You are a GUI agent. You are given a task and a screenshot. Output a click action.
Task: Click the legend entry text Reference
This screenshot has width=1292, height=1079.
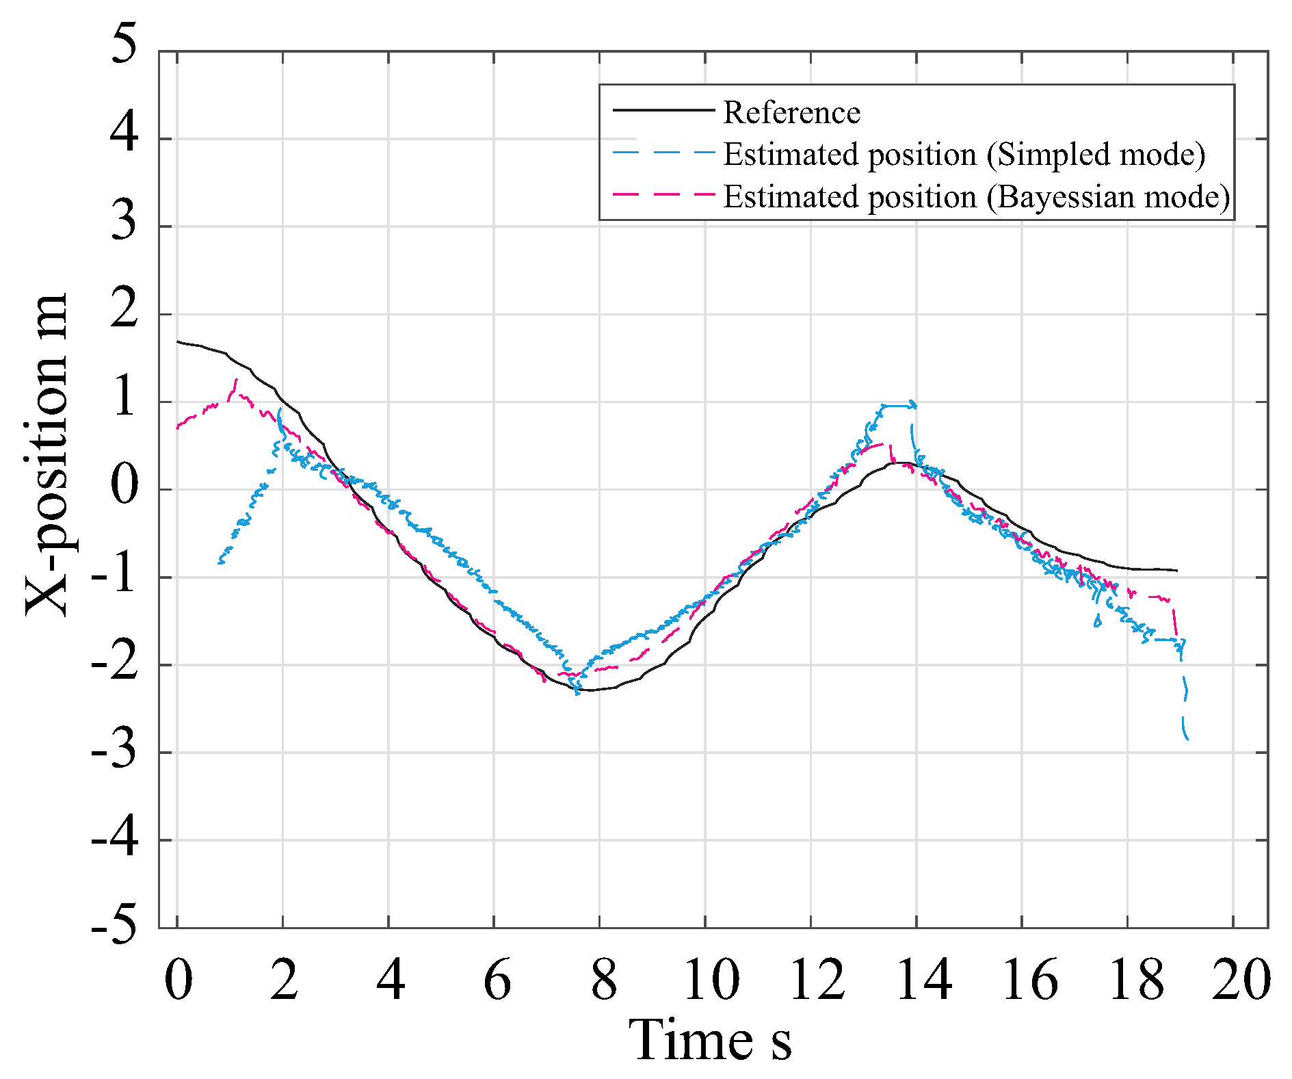791,112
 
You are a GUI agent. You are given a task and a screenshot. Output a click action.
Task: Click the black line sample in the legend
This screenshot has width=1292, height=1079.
663,109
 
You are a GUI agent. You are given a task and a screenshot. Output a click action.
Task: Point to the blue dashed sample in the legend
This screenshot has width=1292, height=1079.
663,152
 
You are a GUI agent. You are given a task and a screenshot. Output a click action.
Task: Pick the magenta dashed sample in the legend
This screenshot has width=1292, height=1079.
663,194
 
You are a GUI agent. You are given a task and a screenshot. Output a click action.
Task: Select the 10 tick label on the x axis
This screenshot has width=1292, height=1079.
711,980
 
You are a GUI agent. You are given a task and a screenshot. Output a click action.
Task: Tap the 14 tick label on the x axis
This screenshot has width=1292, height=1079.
923,980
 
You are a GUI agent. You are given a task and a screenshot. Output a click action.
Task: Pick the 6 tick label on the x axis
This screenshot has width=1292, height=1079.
497,980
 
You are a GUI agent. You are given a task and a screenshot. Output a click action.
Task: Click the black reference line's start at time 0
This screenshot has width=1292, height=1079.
178,341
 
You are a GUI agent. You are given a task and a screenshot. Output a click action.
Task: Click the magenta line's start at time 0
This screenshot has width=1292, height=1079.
178,428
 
